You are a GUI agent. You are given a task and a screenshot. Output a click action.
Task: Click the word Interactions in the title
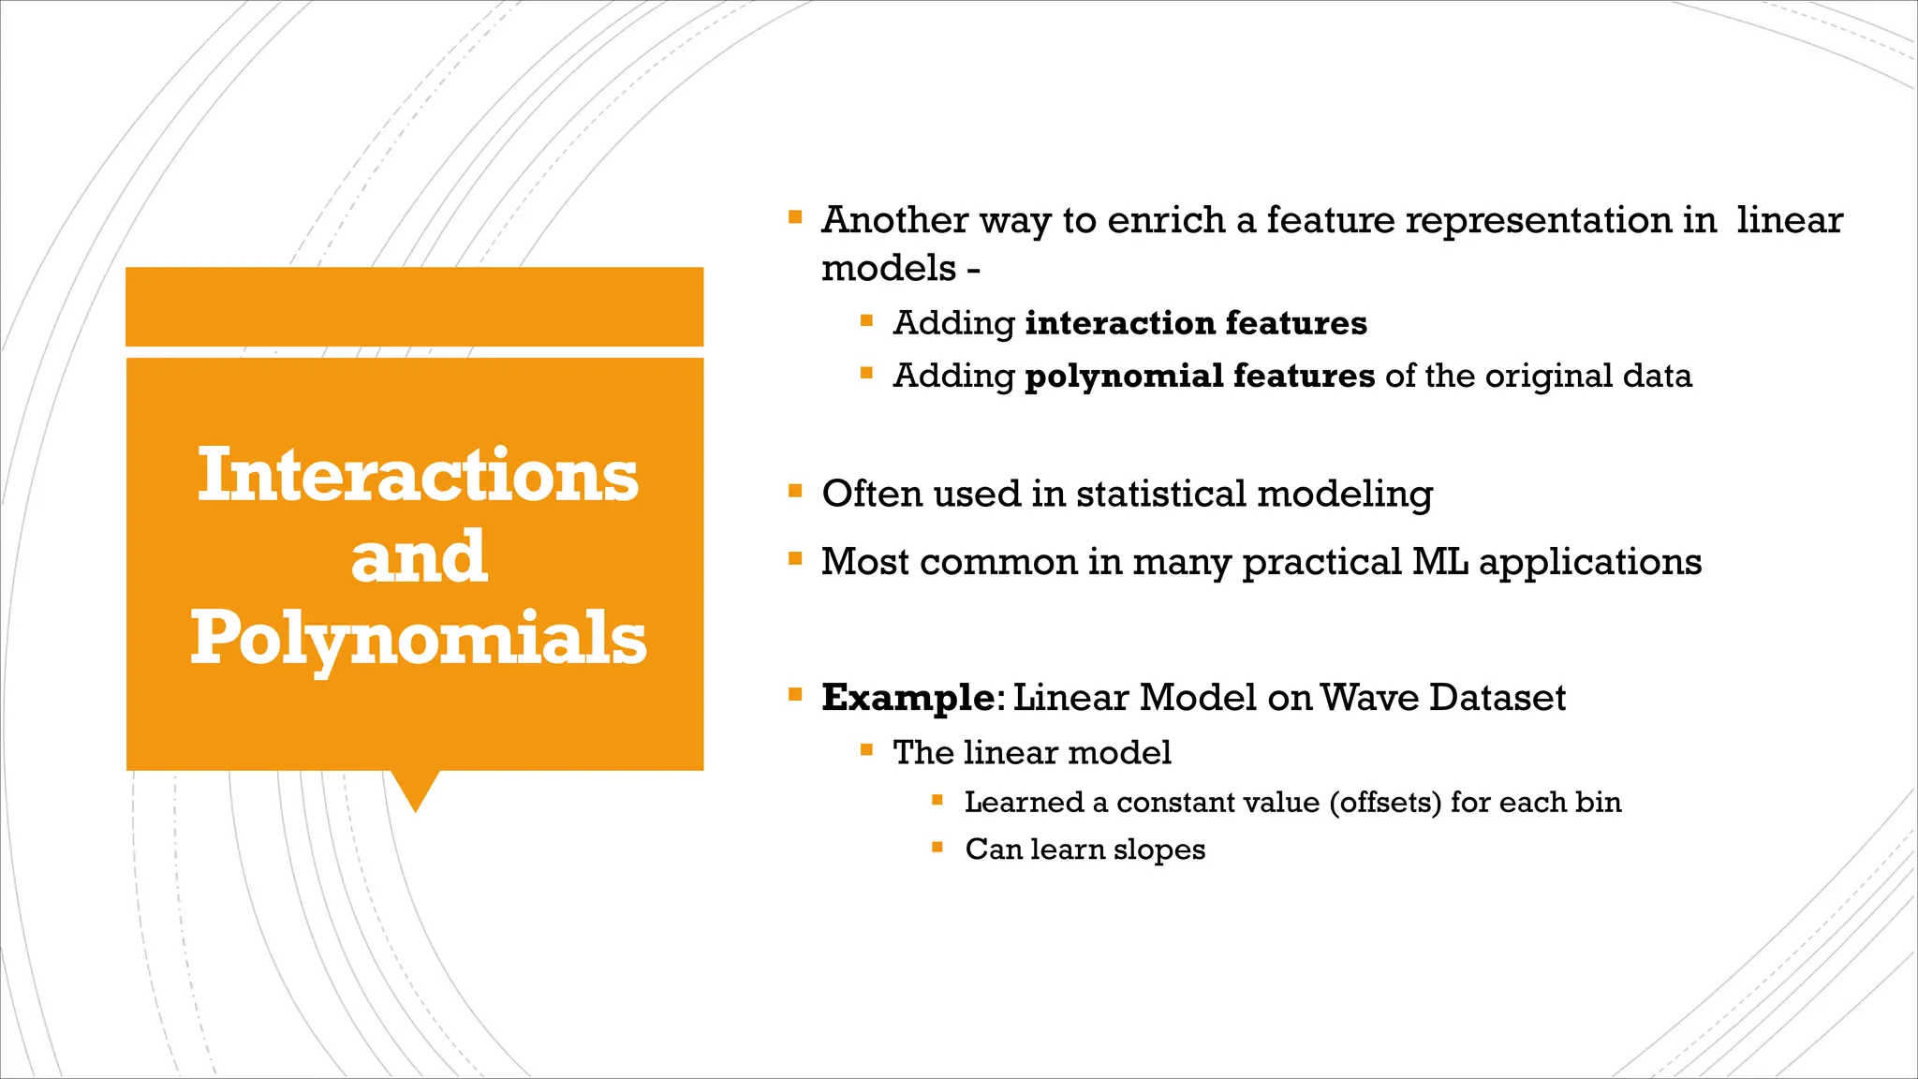pyautogui.click(x=418, y=475)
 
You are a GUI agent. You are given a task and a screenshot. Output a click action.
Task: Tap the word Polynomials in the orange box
pyautogui.click(x=418, y=638)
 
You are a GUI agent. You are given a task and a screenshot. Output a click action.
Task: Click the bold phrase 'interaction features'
pyautogui.click(x=1196, y=323)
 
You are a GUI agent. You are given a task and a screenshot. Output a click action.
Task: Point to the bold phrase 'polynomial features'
pyautogui.click(x=1200, y=376)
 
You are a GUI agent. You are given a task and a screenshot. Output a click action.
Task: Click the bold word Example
pyautogui.click(x=907, y=698)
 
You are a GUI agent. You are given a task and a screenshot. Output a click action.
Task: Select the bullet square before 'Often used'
pyautogui.click(x=795, y=491)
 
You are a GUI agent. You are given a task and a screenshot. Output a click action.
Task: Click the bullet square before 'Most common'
pyautogui.click(x=795, y=559)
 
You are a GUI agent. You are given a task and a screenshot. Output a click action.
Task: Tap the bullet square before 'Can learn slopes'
pyautogui.click(x=937, y=847)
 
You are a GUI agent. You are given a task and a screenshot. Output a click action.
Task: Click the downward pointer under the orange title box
pyautogui.click(x=415, y=791)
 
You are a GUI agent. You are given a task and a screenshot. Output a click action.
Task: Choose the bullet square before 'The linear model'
pyautogui.click(x=866, y=749)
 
